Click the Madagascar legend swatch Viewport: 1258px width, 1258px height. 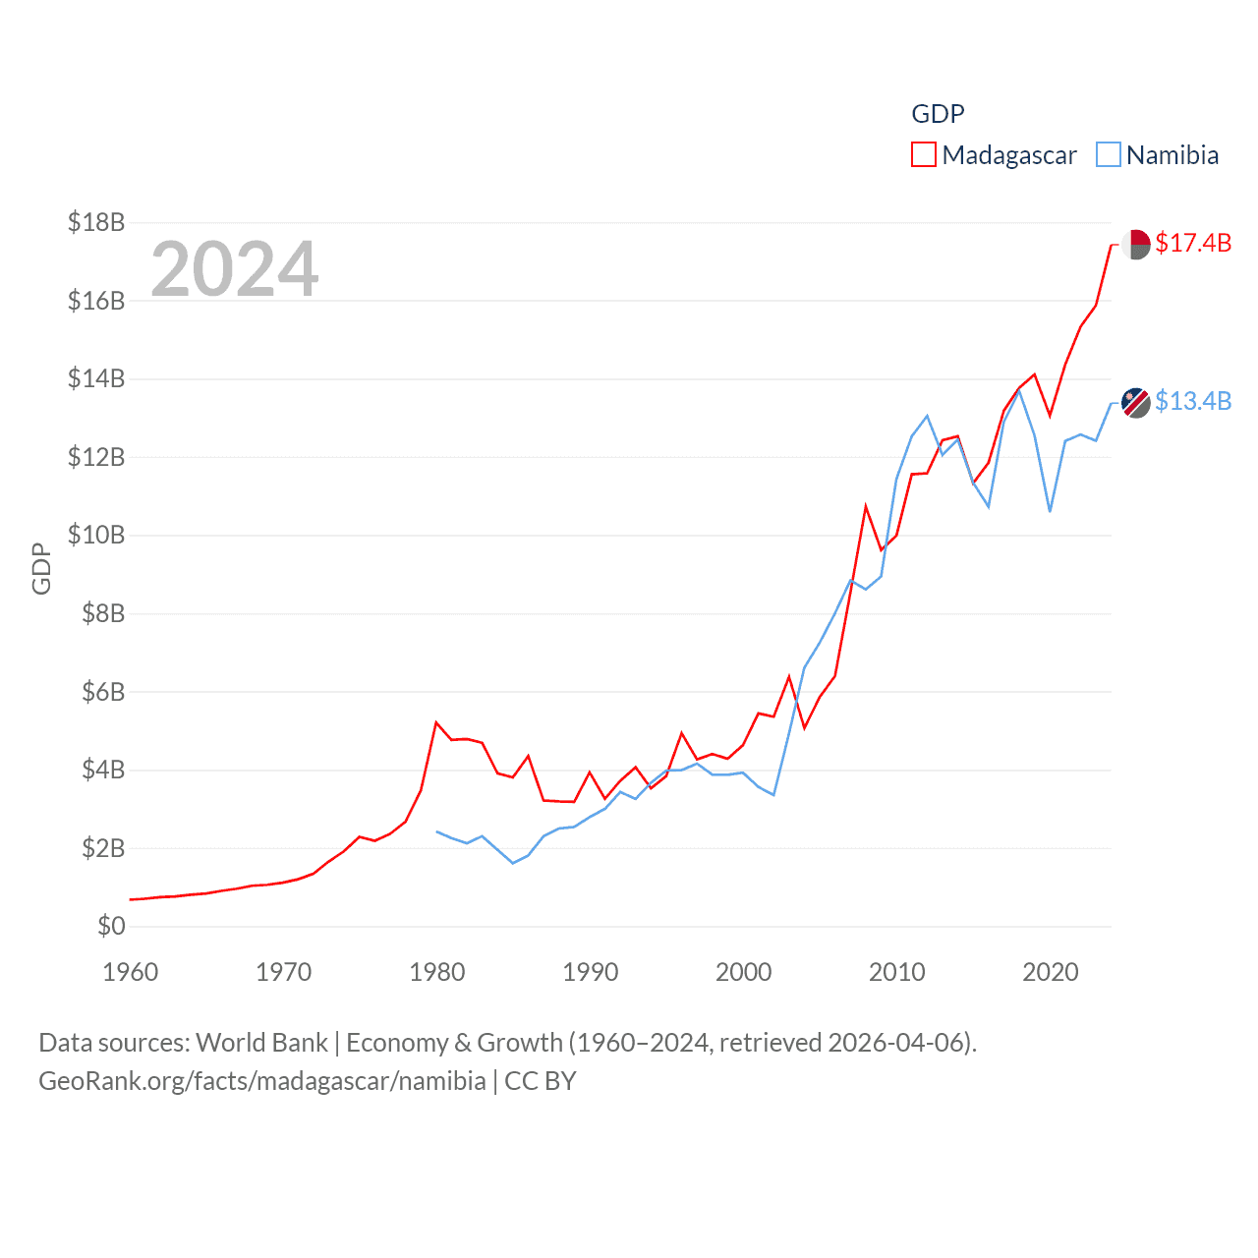(924, 155)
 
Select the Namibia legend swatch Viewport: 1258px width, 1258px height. (1109, 155)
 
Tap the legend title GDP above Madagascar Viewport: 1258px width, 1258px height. (938, 114)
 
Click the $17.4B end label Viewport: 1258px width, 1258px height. (1193, 243)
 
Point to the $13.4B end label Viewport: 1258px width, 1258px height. (1193, 401)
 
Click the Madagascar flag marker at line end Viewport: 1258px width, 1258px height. (1136, 244)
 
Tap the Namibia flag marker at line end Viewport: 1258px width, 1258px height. (1136, 402)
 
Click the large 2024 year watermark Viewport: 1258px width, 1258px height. (235, 268)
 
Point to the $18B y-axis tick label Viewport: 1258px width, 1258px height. (96, 222)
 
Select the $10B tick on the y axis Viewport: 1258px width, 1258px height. (96, 535)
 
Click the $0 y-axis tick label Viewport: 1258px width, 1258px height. (111, 926)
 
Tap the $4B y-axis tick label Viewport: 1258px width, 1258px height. (103, 770)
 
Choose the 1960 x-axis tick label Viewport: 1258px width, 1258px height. (131, 972)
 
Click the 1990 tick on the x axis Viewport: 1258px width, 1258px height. (591, 972)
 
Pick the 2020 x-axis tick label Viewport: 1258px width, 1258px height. (1051, 972)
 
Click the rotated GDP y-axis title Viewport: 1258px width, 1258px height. (41, 568)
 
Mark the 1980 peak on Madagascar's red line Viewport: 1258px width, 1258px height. (436, 722)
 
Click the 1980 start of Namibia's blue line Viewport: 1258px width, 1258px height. (437, 831)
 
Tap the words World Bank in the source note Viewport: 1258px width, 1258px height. (262, 1042)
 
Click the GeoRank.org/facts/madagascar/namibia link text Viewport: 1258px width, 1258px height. (262, 1081)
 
